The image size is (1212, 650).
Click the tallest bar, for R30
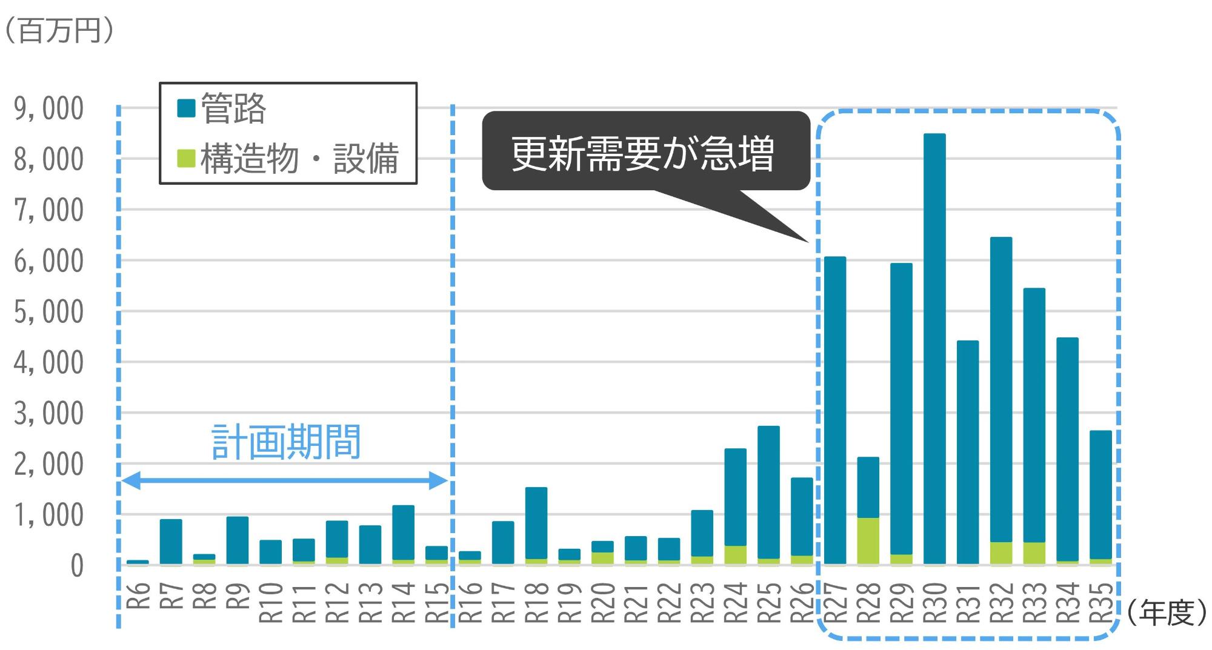coord(934,348)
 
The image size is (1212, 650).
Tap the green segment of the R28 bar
coord(868,541)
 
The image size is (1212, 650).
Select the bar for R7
coord(171,542)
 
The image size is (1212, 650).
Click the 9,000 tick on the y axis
coord(49,109)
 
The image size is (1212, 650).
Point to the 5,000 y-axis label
coord(49,312)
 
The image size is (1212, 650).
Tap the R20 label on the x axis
coord(602,602)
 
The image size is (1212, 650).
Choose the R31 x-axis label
coord(968,602)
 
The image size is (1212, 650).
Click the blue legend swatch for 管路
coord(186,108)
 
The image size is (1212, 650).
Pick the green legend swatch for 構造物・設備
coord(186,158)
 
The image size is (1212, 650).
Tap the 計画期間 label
coord(286,442)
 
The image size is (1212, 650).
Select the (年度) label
coord(1167,613)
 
